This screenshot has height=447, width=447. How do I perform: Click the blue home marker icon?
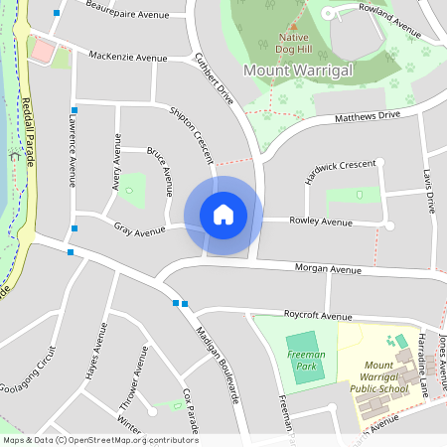tap(223, 215)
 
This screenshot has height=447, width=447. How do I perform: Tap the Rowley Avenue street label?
tap(321, 221)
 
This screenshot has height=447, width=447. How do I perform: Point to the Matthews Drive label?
tap(368, 116)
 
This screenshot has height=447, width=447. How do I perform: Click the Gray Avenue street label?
tap(139, 231)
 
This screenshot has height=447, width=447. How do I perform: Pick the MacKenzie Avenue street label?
tap(128, 59)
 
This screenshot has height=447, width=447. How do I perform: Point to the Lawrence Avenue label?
tap(72, 150)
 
